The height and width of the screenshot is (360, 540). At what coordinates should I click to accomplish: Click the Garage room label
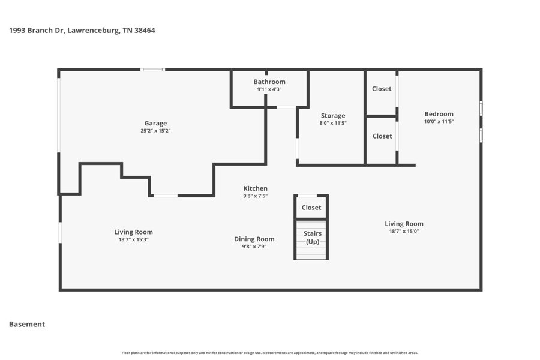coord(155,123)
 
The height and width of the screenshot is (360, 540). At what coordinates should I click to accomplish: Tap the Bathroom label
coord(269,82)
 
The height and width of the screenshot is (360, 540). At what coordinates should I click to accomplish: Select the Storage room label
coord(333,116)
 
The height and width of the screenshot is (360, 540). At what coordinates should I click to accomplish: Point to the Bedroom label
coord(439,114)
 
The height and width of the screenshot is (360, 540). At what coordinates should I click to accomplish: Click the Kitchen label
coord(255,188)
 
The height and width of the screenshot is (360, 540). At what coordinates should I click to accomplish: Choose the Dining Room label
coord(254,239)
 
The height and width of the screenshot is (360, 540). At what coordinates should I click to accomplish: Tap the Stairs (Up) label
coord(313,238)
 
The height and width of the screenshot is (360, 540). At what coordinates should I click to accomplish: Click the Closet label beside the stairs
coord(311,208)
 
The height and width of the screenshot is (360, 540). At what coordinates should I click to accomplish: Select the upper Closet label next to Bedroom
coord(382,89)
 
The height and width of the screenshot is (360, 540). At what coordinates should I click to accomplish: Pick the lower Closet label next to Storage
coord(382,136)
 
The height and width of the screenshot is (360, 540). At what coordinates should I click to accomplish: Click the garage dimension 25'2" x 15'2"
coord(155,131)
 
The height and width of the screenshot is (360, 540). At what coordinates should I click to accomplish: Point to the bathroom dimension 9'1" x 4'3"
coord(269,89)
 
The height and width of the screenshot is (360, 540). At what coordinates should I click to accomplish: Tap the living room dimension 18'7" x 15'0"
coord(404,232)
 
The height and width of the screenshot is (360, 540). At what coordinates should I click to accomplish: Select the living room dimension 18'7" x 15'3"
coord(133,240)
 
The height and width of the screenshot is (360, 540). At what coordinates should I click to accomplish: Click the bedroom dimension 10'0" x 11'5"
coord(439,122)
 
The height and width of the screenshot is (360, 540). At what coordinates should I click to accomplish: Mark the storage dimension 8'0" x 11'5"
coord(333,124)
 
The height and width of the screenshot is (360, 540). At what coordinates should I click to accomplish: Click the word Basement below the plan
coord(27,324)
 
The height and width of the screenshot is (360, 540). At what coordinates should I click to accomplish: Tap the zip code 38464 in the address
coord(145,31)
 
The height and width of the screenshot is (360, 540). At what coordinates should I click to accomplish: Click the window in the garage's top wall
coord(152,70)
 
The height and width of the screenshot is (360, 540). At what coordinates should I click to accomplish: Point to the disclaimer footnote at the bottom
coord(269,353)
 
